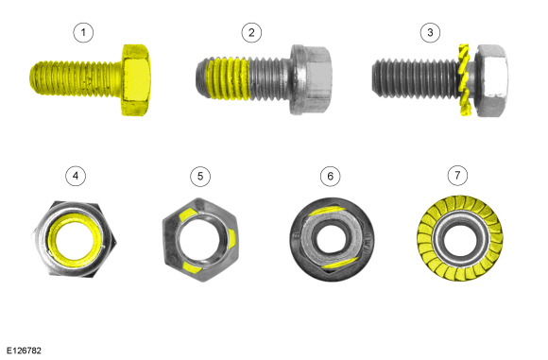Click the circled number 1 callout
(83, 33)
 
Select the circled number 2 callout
(251, 33)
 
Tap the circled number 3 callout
(430, 33)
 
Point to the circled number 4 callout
(76, 176)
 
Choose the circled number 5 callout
(200, 176)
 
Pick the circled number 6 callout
(331, 176)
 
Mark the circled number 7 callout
(457, 175)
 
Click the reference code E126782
(24, 351)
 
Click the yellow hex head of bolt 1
(136, 80)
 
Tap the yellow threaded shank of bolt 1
(76, 78)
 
